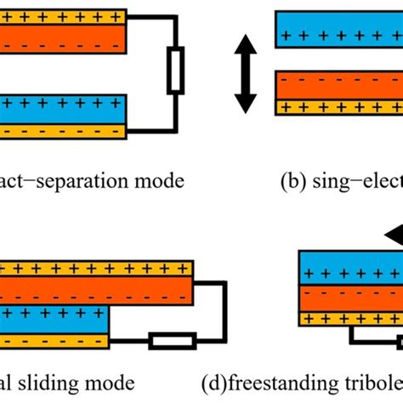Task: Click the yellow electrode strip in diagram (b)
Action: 339,107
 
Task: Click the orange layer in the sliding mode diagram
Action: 94,293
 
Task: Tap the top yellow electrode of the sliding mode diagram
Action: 94,270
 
